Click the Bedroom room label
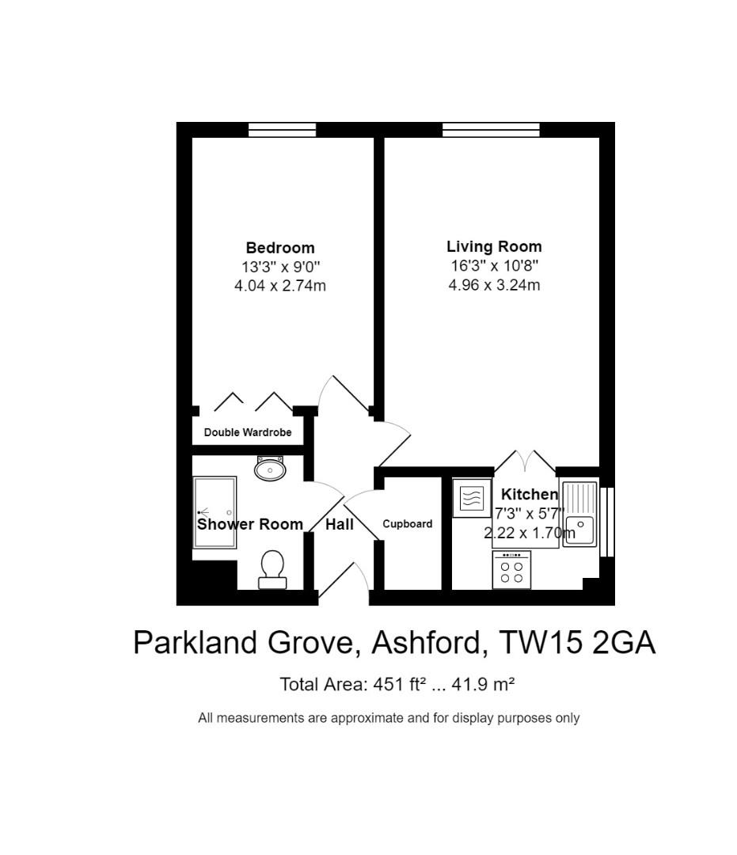(x=279, y=248)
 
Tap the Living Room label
(x=494, y=246)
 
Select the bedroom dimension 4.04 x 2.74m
(x=279, y=286)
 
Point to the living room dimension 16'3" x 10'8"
(x=494, y=266)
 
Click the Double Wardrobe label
(x=247, y=432)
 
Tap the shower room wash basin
(x=270, y=469)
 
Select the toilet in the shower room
(x=272, y=569)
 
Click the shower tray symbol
(x=215, y=512)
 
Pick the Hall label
(x=340, y=524)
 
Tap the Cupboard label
(x=408, y=523)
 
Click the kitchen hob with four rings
(x=511, y=570)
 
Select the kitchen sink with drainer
(x=580, y=513)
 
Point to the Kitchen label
(x=529, y=494)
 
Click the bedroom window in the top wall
(x=282, y=130)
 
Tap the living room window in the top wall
(x=491, y=130)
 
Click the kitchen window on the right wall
(x=607, y=522)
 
